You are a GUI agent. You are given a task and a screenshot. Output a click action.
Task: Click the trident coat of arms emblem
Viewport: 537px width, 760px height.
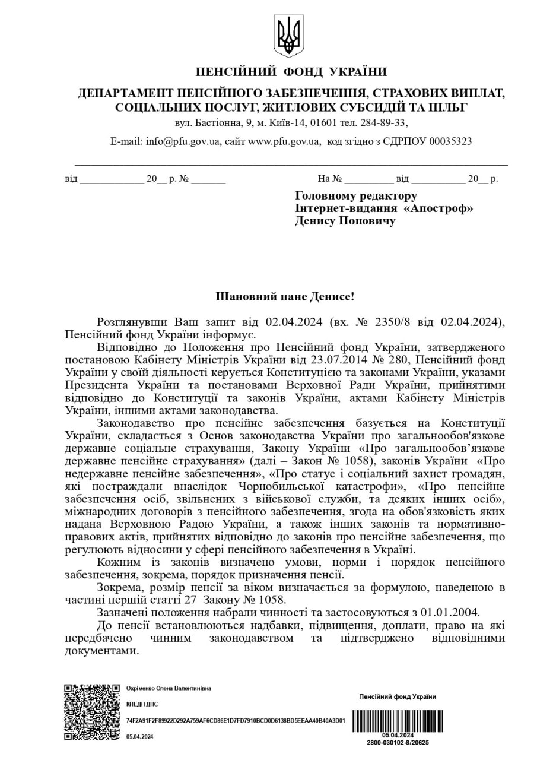289,36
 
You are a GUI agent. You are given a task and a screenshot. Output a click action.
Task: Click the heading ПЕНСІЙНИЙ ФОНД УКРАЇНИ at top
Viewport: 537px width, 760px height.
291,72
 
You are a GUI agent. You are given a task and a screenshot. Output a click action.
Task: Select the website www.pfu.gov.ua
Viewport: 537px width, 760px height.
284,141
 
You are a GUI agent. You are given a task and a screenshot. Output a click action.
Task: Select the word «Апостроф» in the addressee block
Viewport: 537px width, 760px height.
439,208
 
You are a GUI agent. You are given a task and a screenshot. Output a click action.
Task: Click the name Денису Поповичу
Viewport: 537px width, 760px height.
345,221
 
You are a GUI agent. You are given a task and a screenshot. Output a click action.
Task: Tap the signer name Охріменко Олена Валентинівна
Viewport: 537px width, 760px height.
169,688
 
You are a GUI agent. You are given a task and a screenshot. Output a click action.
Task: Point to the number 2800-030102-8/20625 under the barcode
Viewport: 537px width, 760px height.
398,742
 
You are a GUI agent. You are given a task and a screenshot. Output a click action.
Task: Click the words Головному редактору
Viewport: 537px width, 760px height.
356,196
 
